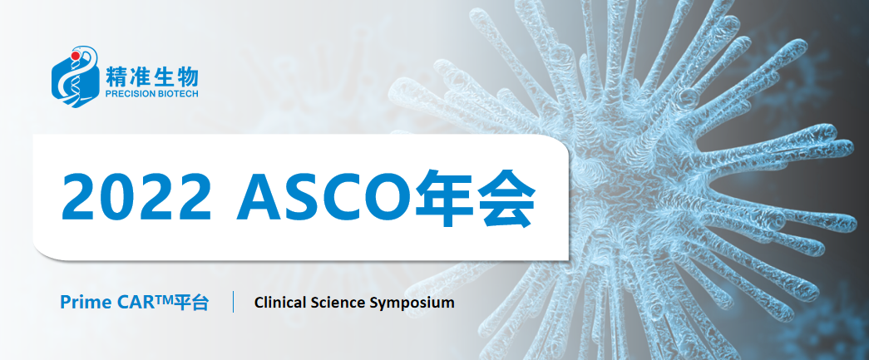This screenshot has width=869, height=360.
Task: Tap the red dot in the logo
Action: click(76, 56)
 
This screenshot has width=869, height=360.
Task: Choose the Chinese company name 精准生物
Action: click(151, 75)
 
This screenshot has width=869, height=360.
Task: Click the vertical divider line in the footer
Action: click(234, 302)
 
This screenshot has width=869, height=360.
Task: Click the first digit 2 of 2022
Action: click(79, 198)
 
